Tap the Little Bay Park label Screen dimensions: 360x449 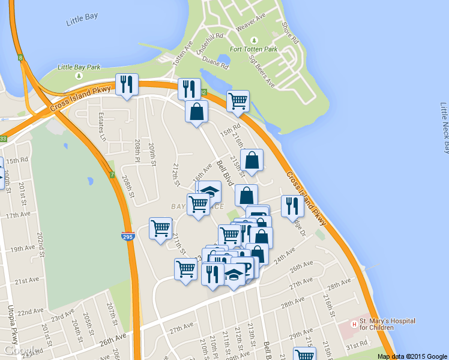click(x=79, y=67)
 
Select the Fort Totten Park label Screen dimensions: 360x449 click(x=253, y=49)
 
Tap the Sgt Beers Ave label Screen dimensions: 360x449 click(x=261, y=71)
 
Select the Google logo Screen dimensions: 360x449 click(x=21, y=350)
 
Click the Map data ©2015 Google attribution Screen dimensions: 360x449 click(x=412, y=356)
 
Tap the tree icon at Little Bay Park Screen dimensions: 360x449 click(x=79, y=76)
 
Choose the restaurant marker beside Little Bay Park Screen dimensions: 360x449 click(x=127, y=85)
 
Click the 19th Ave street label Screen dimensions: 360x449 click(x=23, y=248)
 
